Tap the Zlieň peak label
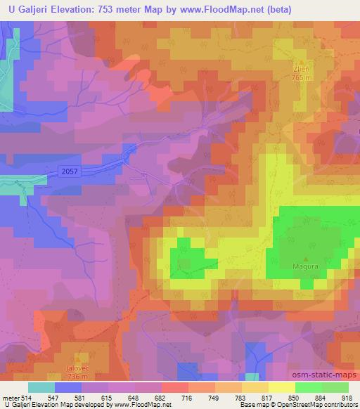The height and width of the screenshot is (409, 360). tap(301, 70)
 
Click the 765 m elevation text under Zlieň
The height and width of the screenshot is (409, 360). tap(301, 78)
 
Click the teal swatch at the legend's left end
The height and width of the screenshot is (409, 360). tap(41, 387)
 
